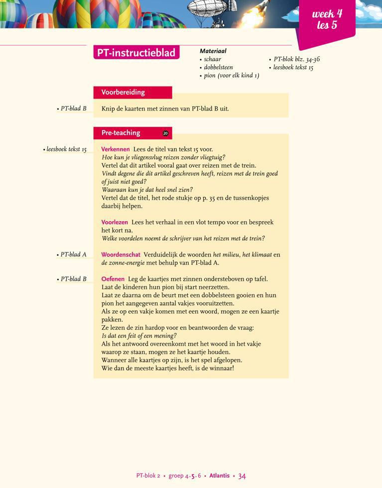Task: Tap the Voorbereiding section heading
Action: (123, 92)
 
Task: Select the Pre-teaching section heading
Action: (121, 133)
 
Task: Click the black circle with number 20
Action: (165, 133)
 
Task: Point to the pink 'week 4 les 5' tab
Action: (327, 19)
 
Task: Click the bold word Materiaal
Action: (213, 51)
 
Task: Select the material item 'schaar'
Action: (212, 59)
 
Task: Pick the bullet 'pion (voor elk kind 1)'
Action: (231, 76)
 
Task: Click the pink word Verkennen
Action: (116, 149)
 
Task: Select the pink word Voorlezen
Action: (115, 222)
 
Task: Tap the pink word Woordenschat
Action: (121, 254)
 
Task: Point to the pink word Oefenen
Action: (113, 279)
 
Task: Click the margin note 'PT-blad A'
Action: (73, 254)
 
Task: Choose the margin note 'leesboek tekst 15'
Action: (66, 149)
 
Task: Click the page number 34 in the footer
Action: (242, 476)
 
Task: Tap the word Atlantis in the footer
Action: (219, 476)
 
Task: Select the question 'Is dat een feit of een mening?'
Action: (139, 336)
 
